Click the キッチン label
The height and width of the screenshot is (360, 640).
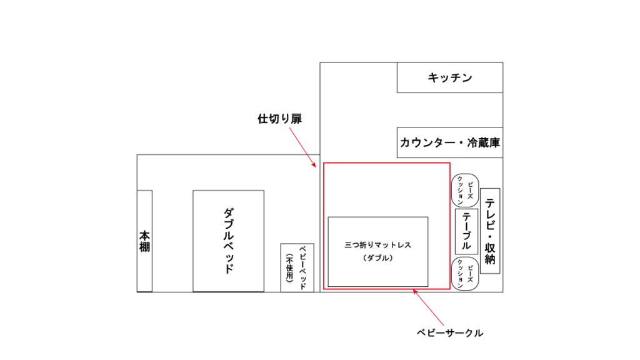[x=450, y=77]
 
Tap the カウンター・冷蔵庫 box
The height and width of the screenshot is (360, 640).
[x=450, y=142]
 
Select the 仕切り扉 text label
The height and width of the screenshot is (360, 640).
[x=279, y=119]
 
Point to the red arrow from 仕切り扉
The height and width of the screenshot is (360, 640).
[x=302, y=147]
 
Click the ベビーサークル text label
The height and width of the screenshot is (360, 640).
[x=450, y=333]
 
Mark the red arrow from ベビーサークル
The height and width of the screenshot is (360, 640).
[x=428, y=307]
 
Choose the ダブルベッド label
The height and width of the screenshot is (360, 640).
[x=229, y=241]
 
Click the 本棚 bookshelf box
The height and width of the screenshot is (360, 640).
[x=144, y=241]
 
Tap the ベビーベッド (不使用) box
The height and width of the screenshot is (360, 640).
[x=297, y=267]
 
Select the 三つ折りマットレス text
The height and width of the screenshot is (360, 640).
[x=378, y=245]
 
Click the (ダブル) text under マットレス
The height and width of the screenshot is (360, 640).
[x=378, y=258]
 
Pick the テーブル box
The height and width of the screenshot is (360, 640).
[x=466, y=231]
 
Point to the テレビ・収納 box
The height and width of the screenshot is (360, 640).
[x=490, y=231]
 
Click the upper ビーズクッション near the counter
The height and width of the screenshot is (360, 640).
[x=465, y=191]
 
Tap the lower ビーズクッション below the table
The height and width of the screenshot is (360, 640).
[x=465, y=274]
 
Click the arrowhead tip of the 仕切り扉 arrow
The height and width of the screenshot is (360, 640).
[x=316, y=167]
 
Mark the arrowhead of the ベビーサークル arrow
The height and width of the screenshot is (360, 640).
[x=412, y=289]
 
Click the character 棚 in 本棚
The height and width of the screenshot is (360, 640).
[x=144, y=246]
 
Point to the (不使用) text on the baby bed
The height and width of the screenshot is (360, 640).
[x=289, y=267]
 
